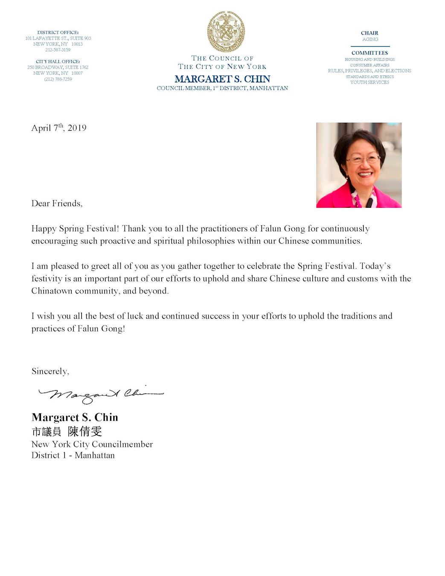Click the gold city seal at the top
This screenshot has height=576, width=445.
tap(226, 32)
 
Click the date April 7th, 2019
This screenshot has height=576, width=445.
tap(59, 128)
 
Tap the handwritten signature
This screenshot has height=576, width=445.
tap(101, 394)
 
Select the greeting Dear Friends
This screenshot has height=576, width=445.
tap(57, 204)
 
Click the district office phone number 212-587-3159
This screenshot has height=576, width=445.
tap(58, 50)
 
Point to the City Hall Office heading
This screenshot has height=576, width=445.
tap(58, 61)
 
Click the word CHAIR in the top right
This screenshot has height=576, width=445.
tap(369, 33)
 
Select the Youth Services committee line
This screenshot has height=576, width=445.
tap(369, 82)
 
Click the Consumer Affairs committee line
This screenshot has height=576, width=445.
tap(369, 65)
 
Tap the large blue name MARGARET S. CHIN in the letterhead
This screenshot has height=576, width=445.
tap(222, 79)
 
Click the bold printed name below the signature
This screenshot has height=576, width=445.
tap(75, 417)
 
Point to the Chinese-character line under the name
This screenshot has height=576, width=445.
tap(67, 431)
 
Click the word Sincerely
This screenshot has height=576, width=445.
tap(50, 371)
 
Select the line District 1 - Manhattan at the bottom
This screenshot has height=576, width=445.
tap(73, 455)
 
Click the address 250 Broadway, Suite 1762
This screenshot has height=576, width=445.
tap(58, 67)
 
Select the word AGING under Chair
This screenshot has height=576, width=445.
tap(370, 39)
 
